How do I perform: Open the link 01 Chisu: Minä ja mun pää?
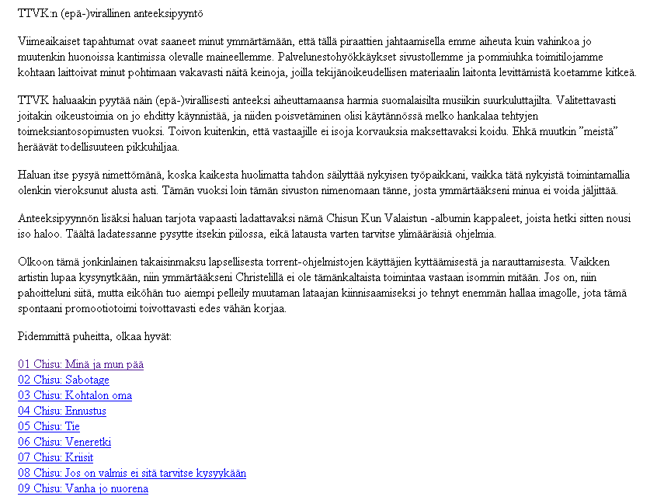click(81, 364)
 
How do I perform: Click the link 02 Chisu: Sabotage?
click(64, 380)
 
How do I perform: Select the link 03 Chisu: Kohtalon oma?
click(75, 395)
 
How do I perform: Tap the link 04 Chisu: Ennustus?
click(62, 411)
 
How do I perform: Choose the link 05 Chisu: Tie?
click(49, 426)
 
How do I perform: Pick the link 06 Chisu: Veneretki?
click(64, 442)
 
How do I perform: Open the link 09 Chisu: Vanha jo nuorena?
click(83, 488)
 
